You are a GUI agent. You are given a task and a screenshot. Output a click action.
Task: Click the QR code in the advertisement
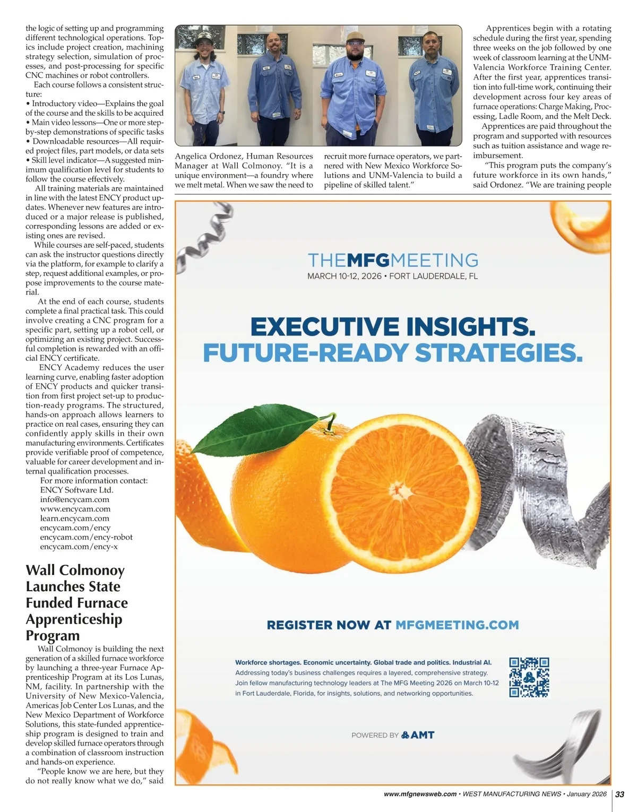click(529, 677)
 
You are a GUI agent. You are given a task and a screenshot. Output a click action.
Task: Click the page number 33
click(619, 794)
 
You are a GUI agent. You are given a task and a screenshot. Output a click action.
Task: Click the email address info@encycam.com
click(75, 499)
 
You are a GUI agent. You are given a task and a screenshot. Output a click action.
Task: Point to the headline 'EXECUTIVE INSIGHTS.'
click(392, 327)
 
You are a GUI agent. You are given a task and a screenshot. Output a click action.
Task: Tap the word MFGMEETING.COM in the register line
click(457, 625)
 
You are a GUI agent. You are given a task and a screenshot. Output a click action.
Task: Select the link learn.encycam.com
click(75, 519)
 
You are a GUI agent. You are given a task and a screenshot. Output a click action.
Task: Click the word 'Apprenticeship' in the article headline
click(74, 619)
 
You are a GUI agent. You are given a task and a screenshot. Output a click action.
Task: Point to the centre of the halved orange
click(397, 487)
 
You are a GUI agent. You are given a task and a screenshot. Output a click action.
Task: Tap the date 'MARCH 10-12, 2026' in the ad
click(345, 277)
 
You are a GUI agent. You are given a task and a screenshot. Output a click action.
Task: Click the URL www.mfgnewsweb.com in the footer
click(420, 794)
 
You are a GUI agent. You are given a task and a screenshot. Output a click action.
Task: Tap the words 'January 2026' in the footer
click(586, 794)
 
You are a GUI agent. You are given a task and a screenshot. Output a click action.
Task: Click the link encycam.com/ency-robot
click(86, 537)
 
